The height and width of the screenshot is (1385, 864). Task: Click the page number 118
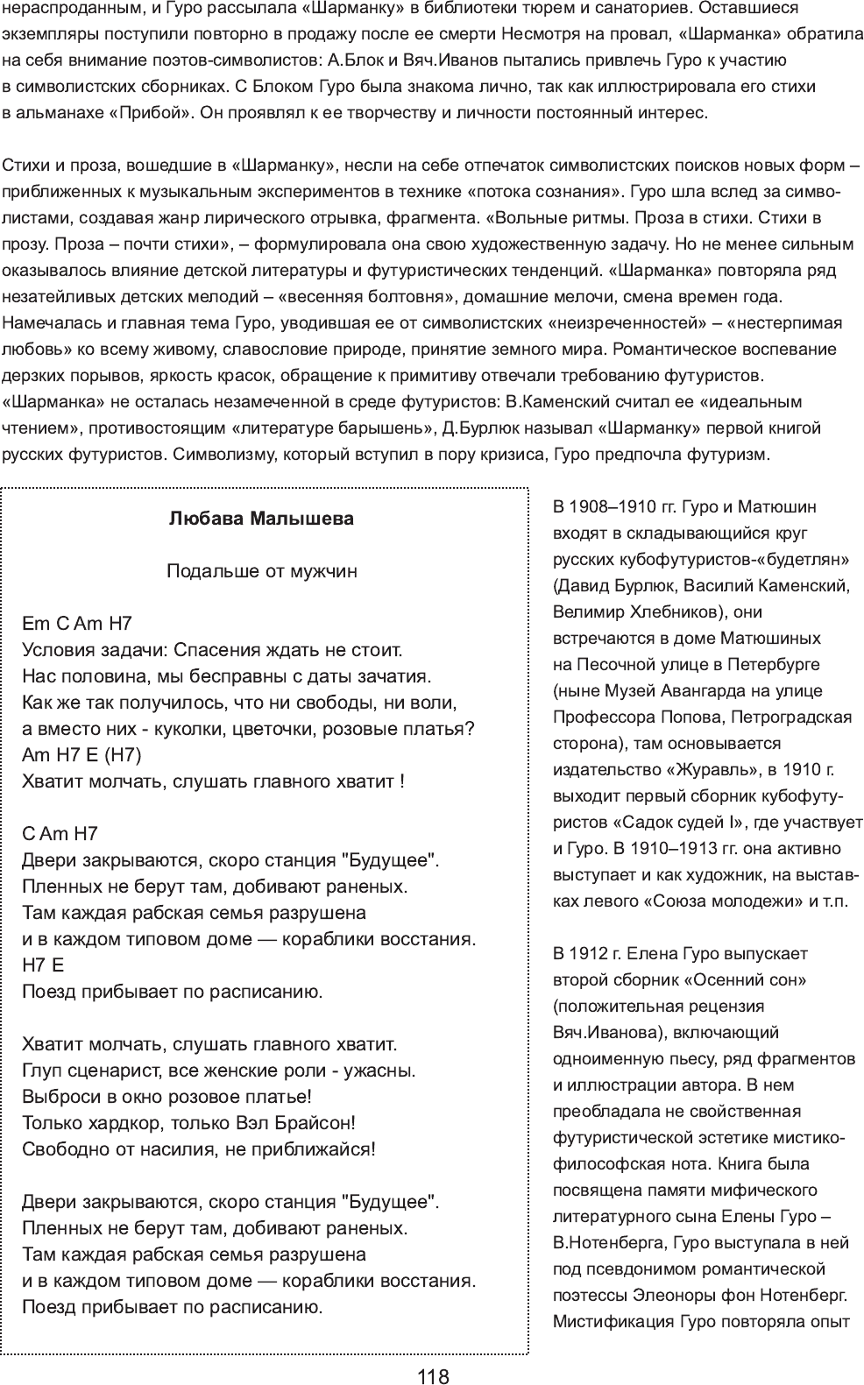coord(433,1376)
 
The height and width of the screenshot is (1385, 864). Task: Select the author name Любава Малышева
coord(261,519)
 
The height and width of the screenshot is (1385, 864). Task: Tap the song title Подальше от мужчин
coord(261,571)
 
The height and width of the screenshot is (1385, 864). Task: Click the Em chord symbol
coord(35,624)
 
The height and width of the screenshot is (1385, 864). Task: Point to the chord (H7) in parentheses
coord(122,755)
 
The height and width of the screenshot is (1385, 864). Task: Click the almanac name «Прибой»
coord(147,113)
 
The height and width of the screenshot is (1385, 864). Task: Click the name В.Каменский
coord(555,402)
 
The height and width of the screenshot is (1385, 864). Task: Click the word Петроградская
coord(799,717)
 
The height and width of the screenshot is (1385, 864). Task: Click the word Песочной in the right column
coord(614,664)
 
